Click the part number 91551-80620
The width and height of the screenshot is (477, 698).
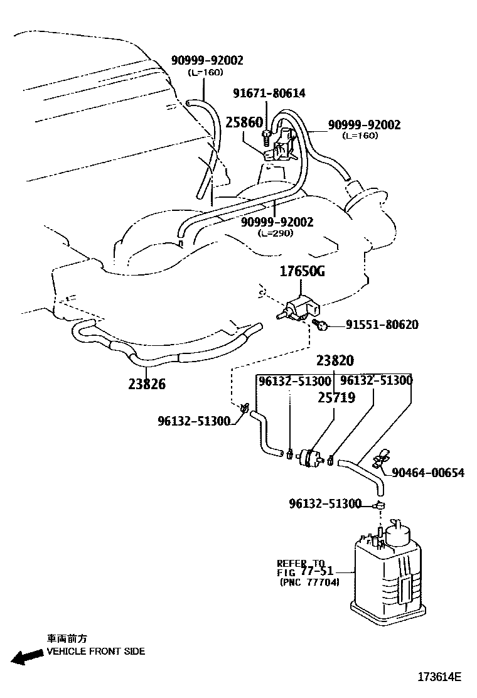(x=382, y=325)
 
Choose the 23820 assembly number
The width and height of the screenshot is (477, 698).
(x=335, y=360)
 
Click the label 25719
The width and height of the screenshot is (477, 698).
(x=336, y=397)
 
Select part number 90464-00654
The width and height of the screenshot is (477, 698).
(x=428, y=472)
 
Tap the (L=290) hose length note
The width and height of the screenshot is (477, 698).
(x=276, y=233)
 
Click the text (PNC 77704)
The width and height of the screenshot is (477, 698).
(x=309, y=583)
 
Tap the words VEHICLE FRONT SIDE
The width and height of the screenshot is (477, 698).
(x=96, y=651)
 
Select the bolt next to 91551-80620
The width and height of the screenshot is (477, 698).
(x=321, y=324)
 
